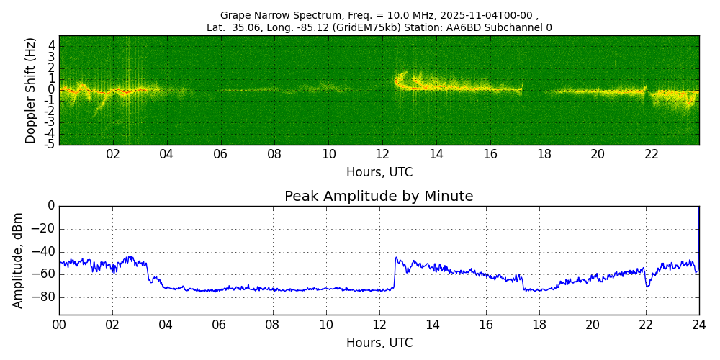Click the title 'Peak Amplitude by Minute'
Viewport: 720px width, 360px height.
[379, 197]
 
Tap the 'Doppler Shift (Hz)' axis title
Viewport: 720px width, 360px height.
[30, 90]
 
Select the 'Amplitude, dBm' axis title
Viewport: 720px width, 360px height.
[18, 260]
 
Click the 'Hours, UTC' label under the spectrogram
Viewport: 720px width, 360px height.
[379, 173]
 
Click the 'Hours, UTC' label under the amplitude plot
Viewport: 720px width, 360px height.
[379, 343]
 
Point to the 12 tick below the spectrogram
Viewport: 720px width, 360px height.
[382, 154]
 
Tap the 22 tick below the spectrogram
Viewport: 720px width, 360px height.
[652, 154]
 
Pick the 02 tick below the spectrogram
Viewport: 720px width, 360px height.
[113, 154]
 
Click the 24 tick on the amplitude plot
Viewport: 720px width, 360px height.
[699, 325]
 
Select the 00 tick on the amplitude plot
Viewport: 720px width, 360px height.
[59, 325]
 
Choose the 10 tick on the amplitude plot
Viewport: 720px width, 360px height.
[326, 325]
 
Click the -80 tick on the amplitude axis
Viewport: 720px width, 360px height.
[45, 297]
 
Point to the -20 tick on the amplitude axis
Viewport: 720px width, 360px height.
[45, 229]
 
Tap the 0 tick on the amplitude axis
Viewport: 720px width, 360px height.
[51, 206]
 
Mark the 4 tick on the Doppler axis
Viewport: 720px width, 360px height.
[52, 45]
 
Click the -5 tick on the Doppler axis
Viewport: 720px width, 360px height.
[50, 144]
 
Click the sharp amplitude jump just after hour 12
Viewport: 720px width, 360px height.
[395, 274]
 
